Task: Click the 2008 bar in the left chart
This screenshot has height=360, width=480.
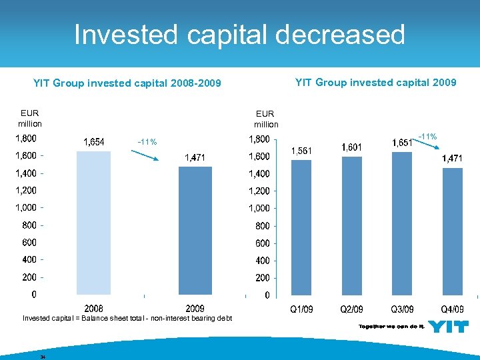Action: coord(93,223)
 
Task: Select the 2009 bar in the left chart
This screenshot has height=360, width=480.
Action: coord(195,230)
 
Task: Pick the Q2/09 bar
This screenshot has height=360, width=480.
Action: coord(352,225)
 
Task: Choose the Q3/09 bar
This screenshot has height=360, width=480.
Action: coord(402,223)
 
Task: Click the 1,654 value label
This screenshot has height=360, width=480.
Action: coord(93,141)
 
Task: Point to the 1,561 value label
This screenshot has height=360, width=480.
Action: coord(301,151)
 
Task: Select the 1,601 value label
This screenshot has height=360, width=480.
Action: coord(352,147)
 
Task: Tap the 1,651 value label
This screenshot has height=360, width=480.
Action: coord(401,143)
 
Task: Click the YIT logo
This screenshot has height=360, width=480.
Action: coord(448,327)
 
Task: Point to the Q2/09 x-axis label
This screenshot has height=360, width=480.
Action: coord(352,309)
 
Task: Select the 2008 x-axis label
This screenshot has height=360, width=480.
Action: coord(93,309)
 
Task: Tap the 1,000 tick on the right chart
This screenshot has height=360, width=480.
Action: coord(259,208)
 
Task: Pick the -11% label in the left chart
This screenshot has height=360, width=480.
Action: coord(147,142)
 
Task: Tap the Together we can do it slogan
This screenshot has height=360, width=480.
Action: coord(391,326)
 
